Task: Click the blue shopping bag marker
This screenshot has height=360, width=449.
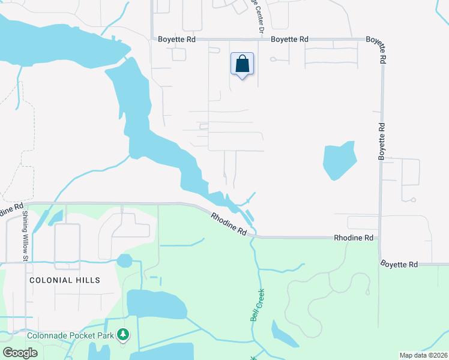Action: (x=242, y=64)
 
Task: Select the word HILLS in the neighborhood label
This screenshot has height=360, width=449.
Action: (x=88, y=280)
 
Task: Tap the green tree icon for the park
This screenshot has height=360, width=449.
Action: (x=124, y=333)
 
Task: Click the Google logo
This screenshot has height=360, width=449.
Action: (x=20, y=352)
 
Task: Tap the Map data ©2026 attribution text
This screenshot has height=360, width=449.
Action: (x=423, y=355)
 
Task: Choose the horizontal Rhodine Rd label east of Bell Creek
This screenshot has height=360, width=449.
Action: (x=354, y=238)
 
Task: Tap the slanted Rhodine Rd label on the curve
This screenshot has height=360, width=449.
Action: (x=229, y=223)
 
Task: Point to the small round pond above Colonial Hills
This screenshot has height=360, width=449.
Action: (x=124, y=260)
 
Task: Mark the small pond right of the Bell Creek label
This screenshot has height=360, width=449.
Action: (x=283, y=334)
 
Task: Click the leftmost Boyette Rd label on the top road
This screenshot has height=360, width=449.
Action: (x=177, y=39)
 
